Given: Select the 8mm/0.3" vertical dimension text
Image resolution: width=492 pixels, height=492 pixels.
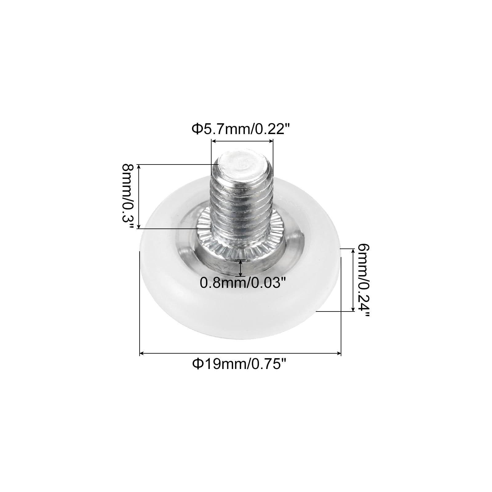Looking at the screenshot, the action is [128, 196].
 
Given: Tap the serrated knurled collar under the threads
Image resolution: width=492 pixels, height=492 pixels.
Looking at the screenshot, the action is [241, 243].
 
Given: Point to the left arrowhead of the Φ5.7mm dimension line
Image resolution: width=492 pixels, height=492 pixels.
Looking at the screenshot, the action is [213, 141].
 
